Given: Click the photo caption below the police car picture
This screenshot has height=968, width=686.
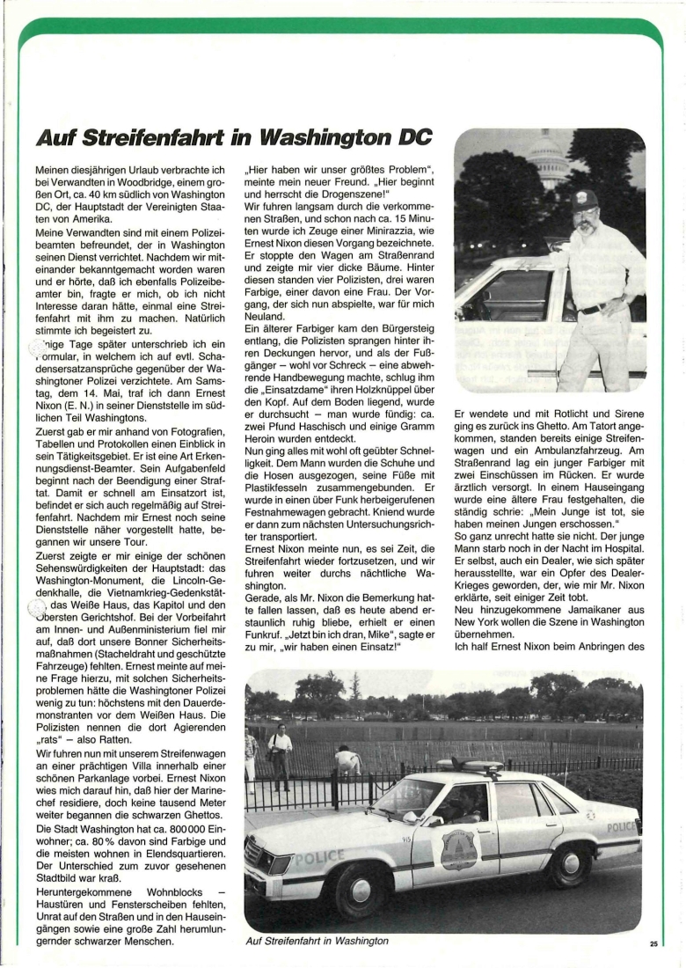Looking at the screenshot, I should [x=317, y=941].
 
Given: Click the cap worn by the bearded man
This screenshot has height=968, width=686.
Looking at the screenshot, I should [x=584, y=199].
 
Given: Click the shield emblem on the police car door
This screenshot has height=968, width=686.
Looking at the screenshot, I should [x=458, y=848].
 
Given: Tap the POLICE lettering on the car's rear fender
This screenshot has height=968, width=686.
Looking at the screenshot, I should [x=620, y=827].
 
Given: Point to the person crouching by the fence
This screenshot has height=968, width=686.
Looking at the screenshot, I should [x=349, y=759].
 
